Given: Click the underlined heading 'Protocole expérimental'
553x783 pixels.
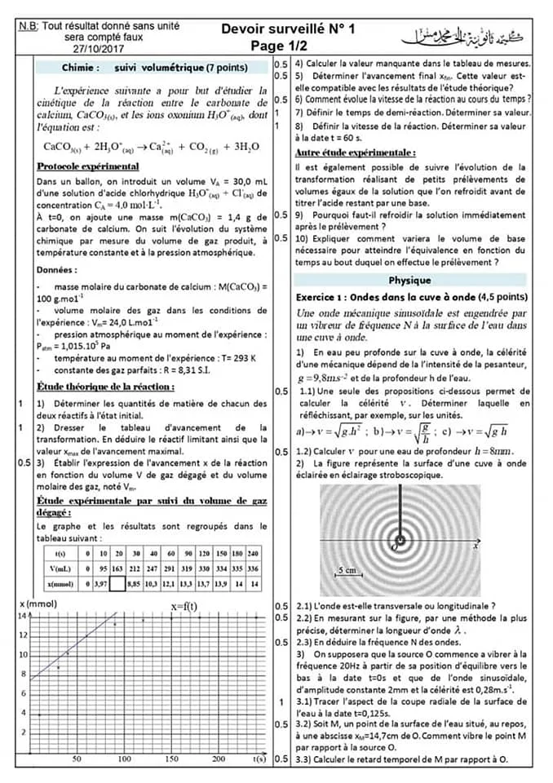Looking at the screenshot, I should coord(88,166).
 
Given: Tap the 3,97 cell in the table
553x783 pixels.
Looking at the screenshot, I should coord(100,583).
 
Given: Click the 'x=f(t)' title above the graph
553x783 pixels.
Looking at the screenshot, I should coord(184,606).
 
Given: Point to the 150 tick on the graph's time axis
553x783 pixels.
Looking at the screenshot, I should coord(172,759).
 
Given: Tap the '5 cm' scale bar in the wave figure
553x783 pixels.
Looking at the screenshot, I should coord(348,570).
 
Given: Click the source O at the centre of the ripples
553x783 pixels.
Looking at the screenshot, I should coord(400,540).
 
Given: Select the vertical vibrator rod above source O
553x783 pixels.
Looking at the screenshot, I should coord(402,510).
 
